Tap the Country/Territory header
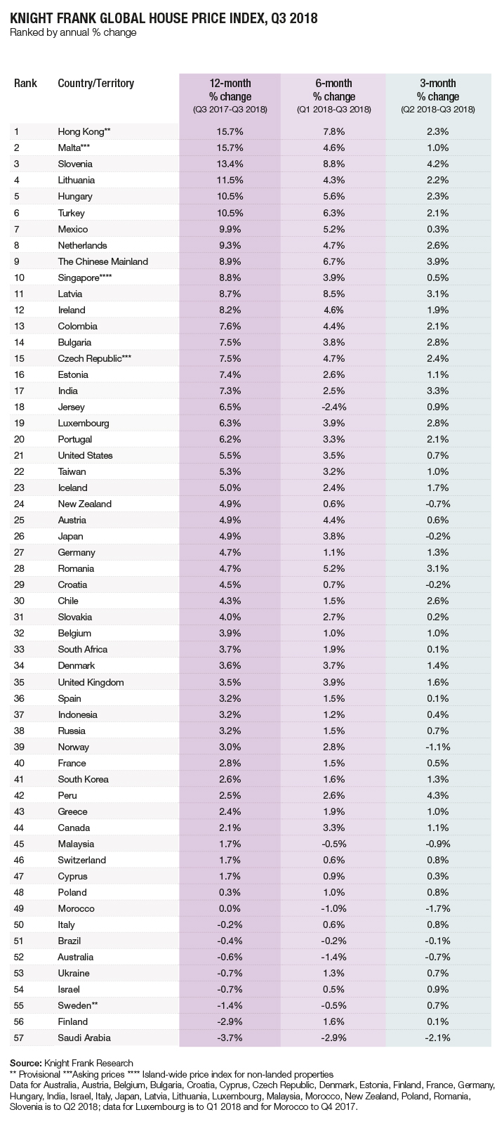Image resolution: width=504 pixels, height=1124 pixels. (95, 84)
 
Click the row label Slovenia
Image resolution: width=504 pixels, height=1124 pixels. (75, 164)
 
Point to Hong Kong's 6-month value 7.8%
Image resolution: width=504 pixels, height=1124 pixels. (334, 131)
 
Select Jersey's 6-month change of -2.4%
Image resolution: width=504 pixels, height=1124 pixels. (334, 407)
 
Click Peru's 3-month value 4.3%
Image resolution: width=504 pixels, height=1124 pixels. (438, 795)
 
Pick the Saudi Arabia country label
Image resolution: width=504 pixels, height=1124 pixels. (84, 1038)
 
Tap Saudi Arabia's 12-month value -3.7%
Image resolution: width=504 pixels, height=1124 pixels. (230, 1038)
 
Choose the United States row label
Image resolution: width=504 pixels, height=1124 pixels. (85, 456)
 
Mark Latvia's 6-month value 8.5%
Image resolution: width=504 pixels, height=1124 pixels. (334, 294)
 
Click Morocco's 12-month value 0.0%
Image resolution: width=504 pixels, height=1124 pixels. (230, 909)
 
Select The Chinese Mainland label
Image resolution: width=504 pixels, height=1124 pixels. (102, 261)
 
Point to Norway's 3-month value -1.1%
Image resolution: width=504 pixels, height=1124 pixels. (438, 747)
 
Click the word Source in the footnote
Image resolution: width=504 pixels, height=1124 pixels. (25, 1063)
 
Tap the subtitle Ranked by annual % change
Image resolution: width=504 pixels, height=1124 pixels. (73, 33)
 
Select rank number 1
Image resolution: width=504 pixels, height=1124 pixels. (17, 131)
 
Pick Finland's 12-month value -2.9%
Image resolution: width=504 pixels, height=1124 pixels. (230, 1021)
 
